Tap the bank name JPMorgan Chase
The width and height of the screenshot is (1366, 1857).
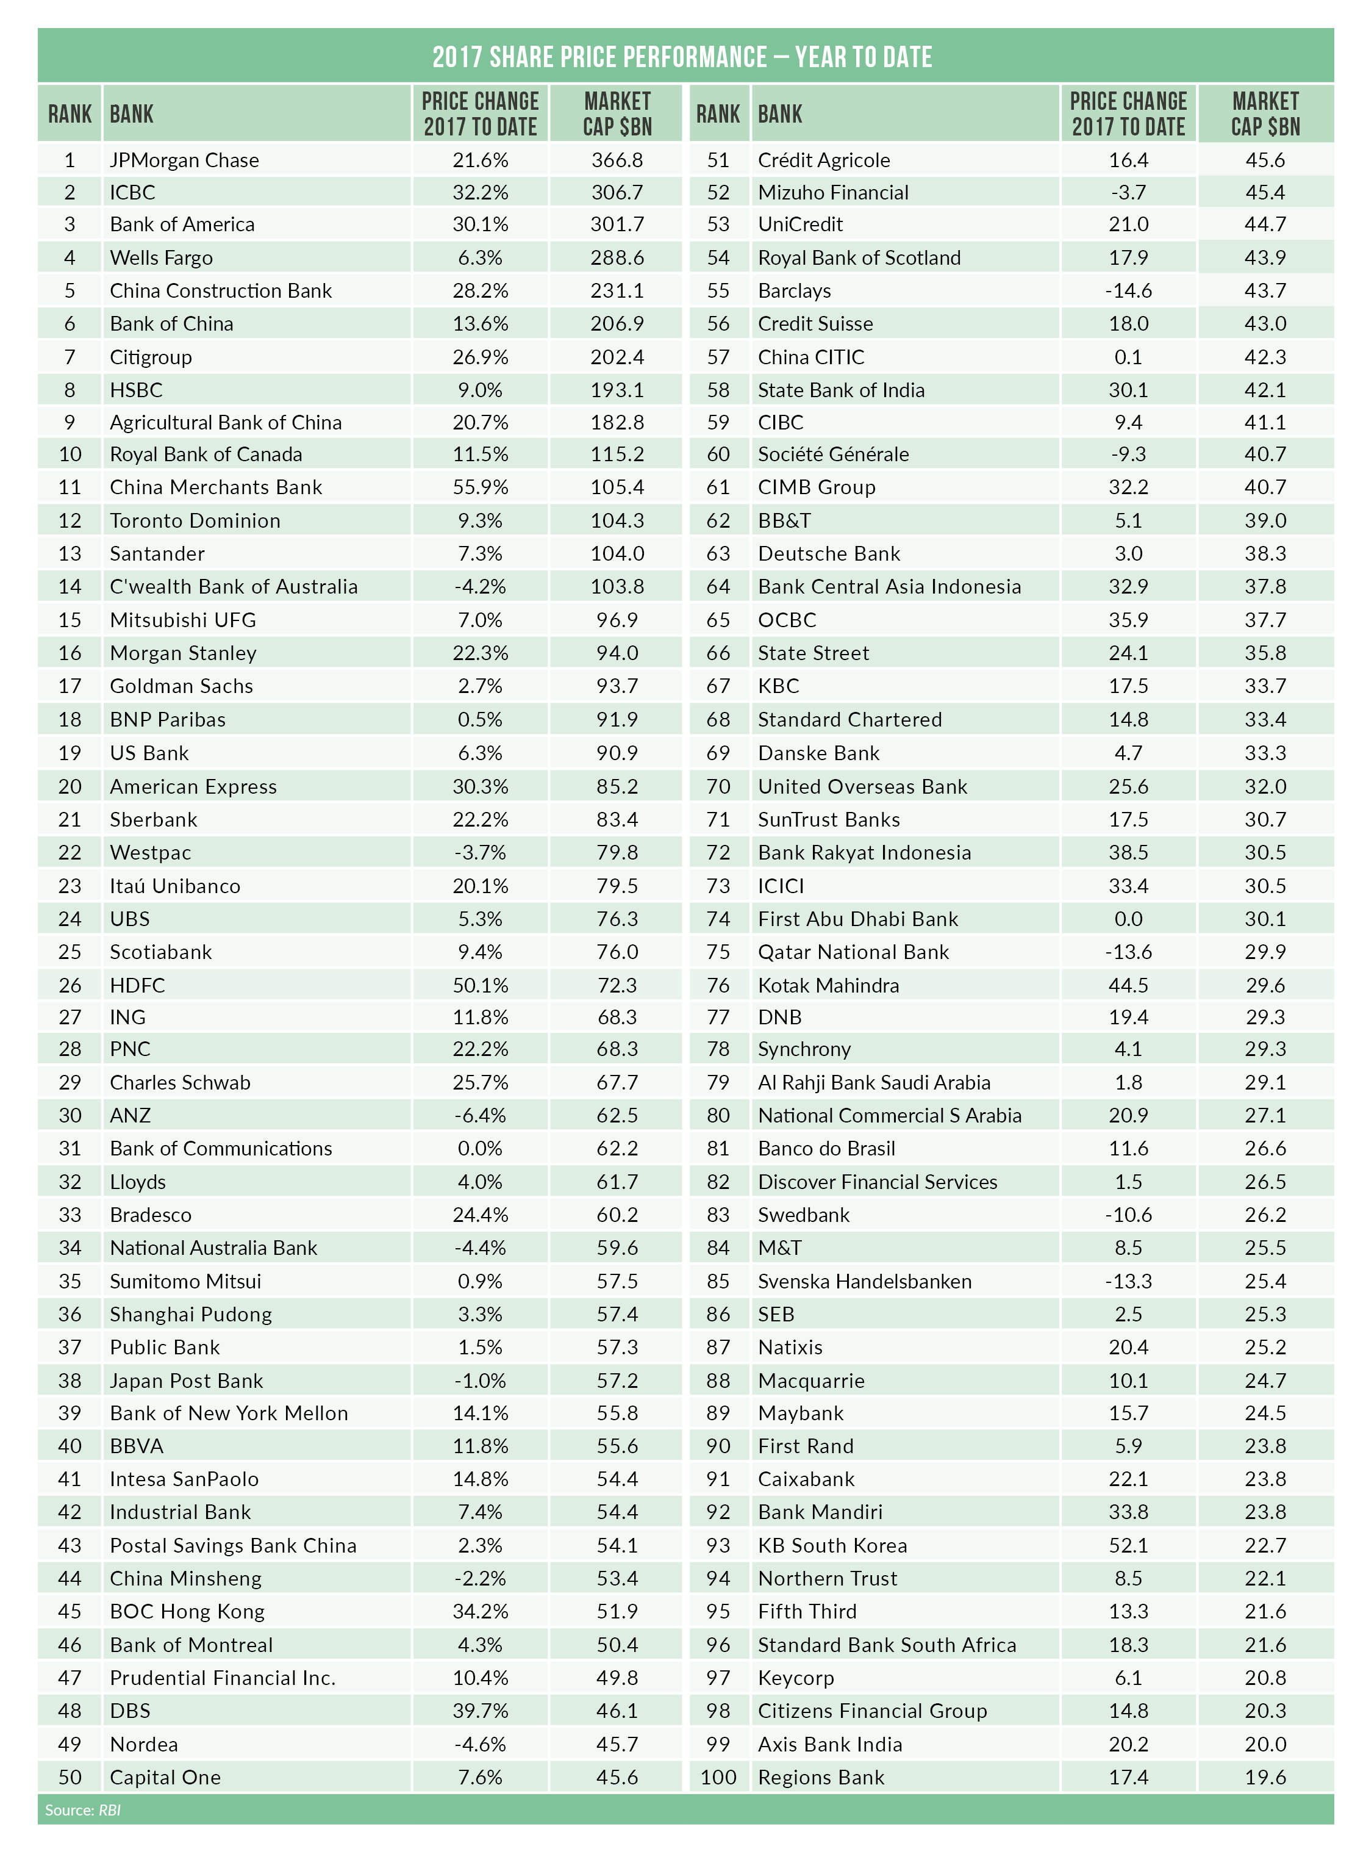184,160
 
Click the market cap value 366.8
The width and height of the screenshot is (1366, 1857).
617,160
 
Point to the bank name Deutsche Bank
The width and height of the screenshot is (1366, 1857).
829,553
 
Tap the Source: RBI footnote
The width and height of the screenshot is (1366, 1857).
83,1810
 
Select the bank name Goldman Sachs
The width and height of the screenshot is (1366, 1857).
181,686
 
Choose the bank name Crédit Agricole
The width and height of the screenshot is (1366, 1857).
824,160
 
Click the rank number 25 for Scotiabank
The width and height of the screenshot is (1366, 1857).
70,952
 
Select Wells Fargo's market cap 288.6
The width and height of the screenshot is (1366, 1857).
617,257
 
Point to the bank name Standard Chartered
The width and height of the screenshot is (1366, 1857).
849,720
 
